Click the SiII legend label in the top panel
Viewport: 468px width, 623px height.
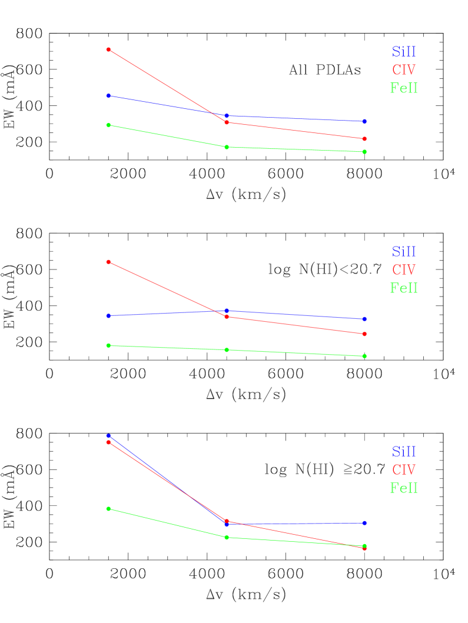point(404,52)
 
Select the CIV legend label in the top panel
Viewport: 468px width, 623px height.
point(404,70)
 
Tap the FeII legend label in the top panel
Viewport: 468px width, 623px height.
point(404,88)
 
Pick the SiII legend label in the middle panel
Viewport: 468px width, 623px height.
point(404,252)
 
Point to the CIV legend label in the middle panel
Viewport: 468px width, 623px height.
point(404,270)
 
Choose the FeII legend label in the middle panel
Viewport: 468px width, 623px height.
point(404,288)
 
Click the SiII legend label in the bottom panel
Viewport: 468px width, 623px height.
point(404,452)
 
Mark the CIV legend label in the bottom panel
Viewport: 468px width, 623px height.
point(404,470)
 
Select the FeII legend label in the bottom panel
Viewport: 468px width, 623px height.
point(404,488)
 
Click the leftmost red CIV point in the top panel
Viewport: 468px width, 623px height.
point(108,49)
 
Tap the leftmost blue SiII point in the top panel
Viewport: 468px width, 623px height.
point(108,96)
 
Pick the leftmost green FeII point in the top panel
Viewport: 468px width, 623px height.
point(108,125)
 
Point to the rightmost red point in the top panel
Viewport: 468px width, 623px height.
point(364,139)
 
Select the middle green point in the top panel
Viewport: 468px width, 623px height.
point(227,147)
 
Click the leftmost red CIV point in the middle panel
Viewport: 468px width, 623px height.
point(108,262)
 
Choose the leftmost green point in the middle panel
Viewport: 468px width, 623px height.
point(108,345)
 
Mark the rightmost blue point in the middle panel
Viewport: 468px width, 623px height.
point(364,319)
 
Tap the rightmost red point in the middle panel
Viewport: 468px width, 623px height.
point(364,334)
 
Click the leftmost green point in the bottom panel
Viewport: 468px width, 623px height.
point(108,509)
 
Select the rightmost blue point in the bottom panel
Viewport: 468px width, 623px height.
point(364,523)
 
